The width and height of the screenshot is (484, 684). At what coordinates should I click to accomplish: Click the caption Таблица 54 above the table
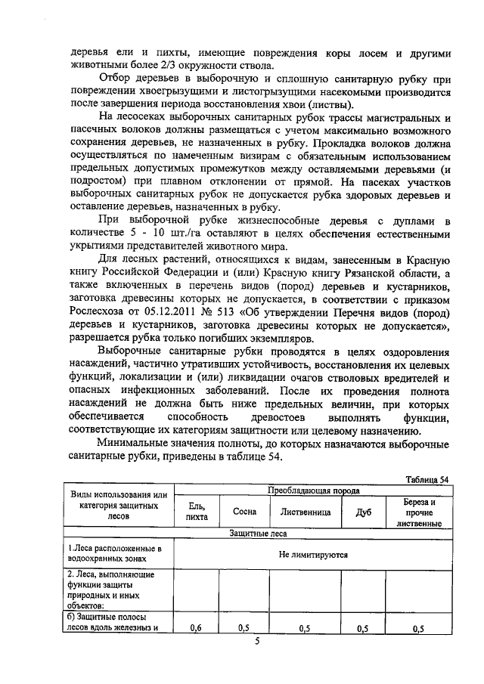click(427, 480)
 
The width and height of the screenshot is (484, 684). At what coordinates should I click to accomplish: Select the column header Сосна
click(244, 512)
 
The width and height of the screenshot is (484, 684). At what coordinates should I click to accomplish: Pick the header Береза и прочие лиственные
click(418, 512)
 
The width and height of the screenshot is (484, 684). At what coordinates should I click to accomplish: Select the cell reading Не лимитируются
click(313, 554)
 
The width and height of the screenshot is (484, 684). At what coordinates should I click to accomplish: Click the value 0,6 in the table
click(196, 628)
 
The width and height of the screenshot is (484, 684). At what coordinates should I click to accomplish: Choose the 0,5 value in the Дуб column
click(362, 628)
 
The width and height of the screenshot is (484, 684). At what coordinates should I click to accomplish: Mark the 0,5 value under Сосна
click(244, 628)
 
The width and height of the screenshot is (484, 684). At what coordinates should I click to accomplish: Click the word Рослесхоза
click(101, 309)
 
